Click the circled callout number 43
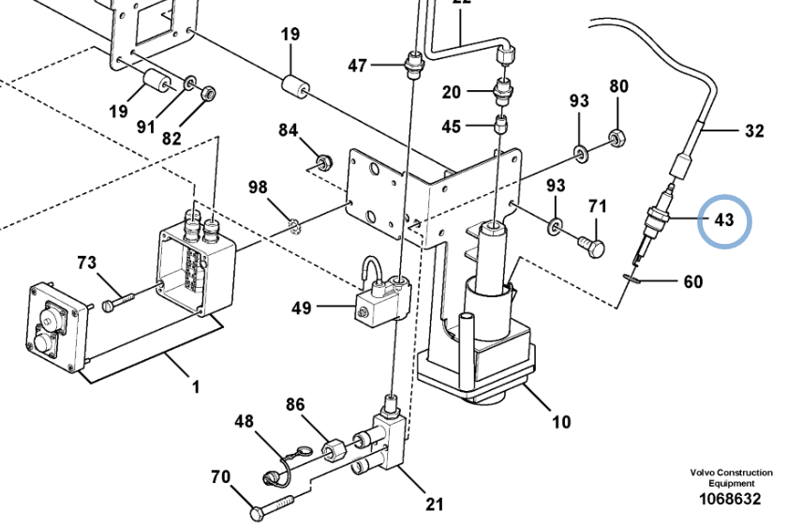[x=723, y=220]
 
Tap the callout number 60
[x=693, y=281]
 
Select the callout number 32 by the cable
[x=754, y=131]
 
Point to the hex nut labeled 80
[x=616, y=137]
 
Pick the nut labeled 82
[x=208, y=93]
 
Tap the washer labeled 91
[x=189, y=82]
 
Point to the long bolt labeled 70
[x=274, y=507]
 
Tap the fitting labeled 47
[x=414, y=65]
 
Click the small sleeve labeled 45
[x=500, y=125]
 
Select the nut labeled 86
[x=334, y=450]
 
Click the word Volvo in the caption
[x=702, y=473]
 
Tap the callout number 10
[x=561, y=422]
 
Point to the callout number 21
[x=434, y=504]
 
